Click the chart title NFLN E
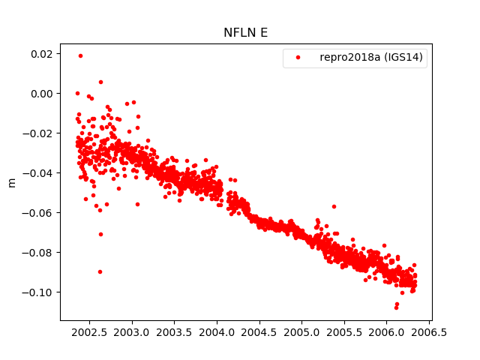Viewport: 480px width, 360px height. [240, 32]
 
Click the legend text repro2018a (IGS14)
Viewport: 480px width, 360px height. [373, 57]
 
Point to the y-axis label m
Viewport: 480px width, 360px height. [11, 182]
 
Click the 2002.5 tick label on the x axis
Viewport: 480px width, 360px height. [88, 331]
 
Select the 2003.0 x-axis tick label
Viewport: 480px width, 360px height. [131, 331]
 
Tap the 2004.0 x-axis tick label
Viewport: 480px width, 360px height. [217, 331]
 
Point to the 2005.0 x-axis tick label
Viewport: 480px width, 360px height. [303, 331]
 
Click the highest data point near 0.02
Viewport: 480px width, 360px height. [80, 55]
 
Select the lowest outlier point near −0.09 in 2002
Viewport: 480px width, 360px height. [100, 271]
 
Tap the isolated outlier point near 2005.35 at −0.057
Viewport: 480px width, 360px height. [334, 206]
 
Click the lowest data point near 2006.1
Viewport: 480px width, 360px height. [396, 307]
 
